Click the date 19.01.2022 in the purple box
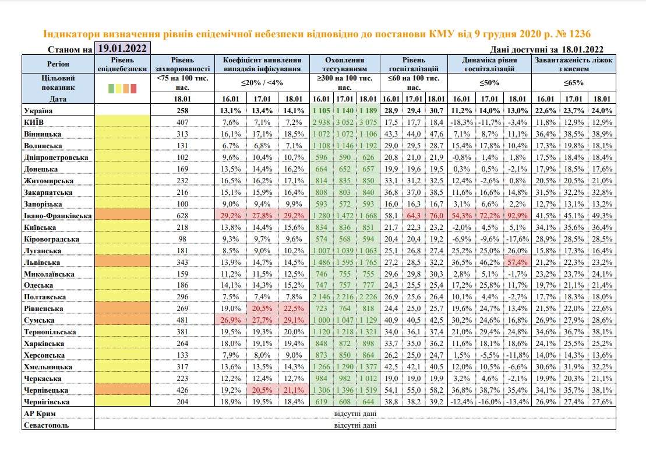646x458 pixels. (122, 48)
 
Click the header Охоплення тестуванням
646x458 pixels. (345, 64)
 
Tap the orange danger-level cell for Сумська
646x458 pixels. (122, 320)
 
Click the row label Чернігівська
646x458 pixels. (48, 402)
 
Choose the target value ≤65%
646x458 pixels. (574, 82)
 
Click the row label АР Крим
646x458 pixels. (40, 414)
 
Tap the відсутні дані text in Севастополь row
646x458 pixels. (355, 425)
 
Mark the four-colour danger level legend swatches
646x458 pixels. (122, 89)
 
